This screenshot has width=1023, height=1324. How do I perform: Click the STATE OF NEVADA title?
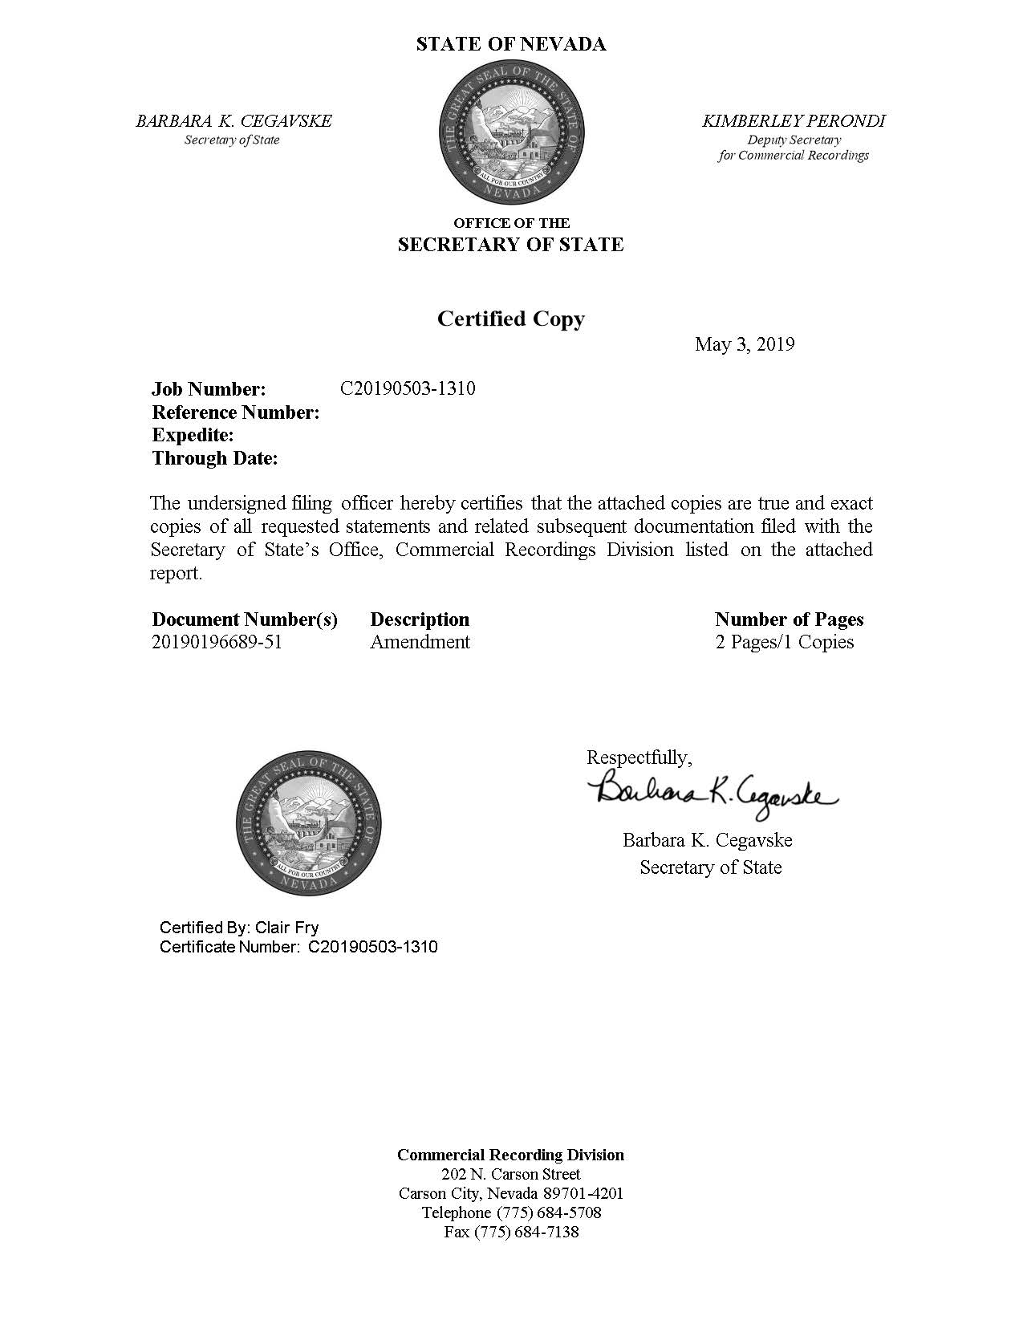tap(510, 44)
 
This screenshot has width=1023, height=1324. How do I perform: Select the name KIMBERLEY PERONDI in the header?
tap(793, 121)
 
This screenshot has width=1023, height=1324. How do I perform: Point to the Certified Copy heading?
tap(510, 319)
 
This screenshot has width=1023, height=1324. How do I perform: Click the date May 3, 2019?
tap(744, 344)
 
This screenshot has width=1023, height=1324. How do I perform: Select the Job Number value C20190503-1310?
tap(408, 389)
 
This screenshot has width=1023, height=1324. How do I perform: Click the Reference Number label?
tap(236, 412)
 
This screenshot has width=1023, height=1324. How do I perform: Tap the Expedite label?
tap(193, 436)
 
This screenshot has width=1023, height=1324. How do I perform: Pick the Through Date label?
tap(215, 459)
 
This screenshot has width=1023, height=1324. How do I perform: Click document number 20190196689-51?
tap(217, 642)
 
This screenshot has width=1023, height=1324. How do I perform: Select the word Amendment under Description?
tap(420, 642)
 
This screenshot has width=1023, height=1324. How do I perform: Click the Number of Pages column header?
tap(789, 619)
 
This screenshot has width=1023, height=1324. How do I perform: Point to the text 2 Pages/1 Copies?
tap(784, 642)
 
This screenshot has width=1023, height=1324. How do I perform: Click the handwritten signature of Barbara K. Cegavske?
tap(712, 792)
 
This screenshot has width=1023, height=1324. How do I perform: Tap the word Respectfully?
tap(639, 757)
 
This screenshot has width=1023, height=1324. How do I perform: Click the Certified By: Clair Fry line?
tap(239, 928)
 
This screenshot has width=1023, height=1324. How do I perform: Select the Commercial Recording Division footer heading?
tap(510, 1155)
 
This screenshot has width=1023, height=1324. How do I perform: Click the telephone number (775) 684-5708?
tap(549, 1212)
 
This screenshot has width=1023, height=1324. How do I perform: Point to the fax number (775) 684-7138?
tap(534, 1232)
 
